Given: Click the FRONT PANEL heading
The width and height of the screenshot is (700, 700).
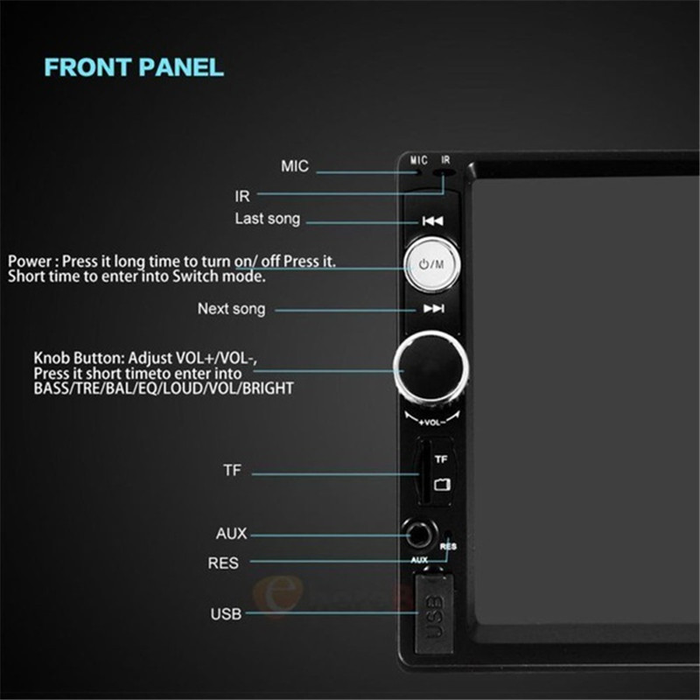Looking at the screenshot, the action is click(134, 67).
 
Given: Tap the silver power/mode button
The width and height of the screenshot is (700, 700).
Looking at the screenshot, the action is click(431, 264).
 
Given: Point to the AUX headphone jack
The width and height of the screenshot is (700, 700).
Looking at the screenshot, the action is click(419, 534).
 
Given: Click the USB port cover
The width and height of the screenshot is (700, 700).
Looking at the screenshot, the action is click(434, 614).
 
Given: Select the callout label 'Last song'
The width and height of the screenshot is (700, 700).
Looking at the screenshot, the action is click(268, 219).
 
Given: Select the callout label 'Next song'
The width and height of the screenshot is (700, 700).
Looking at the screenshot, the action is click(231, 309).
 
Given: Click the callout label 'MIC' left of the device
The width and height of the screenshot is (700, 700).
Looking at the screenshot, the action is click(295, 166).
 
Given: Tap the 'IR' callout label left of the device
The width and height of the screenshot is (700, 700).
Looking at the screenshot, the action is click(242, 196).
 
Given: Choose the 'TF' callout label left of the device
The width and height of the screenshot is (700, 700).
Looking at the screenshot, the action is click(232, 470).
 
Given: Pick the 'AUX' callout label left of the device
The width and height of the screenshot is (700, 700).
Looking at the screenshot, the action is click(231, 534).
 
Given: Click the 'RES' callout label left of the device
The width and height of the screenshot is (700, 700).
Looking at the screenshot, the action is click(223, 563).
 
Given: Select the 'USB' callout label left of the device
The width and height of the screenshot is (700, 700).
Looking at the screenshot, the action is click(226, 614).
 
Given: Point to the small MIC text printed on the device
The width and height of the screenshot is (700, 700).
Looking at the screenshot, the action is click(419, 160).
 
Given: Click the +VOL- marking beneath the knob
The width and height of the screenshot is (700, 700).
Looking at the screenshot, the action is click(431, 423).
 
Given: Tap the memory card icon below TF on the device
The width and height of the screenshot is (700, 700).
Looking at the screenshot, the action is click(442, 485).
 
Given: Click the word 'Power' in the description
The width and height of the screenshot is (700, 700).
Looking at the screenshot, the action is click(30, 261).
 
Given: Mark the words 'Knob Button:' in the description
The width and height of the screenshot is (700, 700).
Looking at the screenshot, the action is click(79, 358).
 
